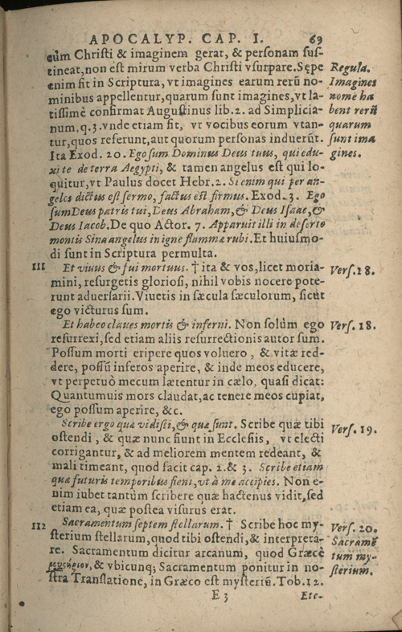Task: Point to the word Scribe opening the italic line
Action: (74, 425)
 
